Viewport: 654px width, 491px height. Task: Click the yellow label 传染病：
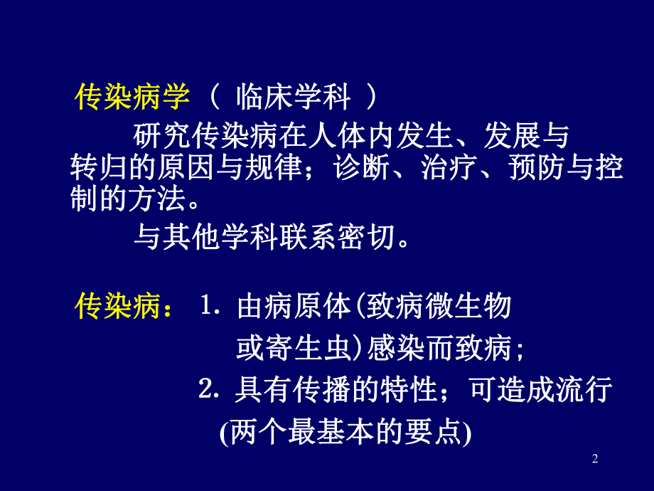coord(124,308)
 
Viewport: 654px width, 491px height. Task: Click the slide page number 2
coord(595,460)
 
